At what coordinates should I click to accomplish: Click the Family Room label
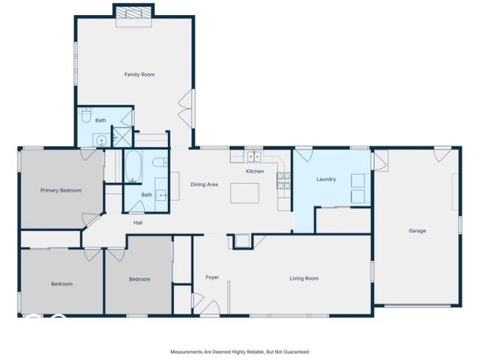coord(139,74)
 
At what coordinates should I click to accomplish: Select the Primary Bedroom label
coord(61,190)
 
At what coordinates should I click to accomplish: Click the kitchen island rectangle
coord(244,193)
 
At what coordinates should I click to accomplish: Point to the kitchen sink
coord(254,157)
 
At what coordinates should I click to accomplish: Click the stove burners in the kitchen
coord(283,180)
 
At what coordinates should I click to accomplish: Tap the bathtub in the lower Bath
coord(133,166)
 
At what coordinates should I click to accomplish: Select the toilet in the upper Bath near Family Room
coord(86,115)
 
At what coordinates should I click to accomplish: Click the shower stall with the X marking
coord(122,137)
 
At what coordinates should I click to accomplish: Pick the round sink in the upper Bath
coord(100,141)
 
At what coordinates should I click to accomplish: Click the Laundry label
coord(326,179)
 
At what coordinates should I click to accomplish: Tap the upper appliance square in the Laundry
coord(358,181)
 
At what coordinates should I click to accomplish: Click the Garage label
coord(417,231)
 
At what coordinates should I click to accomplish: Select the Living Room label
coord(304,278)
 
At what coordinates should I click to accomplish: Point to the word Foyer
coord(212,277)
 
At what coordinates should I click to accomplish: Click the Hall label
coord(138,223)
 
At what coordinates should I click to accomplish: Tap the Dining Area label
coord(204,184)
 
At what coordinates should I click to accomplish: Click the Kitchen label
coord(255,171)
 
